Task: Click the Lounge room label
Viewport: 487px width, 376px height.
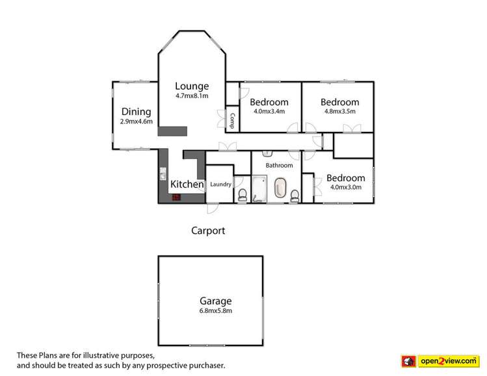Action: click(x=192, y=86)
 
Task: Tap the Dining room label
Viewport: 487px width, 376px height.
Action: click(x=136, y=112)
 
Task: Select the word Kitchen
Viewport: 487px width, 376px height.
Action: click(x=187, y=185)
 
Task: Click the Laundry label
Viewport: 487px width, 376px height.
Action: click(x=220, y=184)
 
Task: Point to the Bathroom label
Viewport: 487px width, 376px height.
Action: click(x=279, y=166)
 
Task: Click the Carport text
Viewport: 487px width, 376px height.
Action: click(x=208, y=230)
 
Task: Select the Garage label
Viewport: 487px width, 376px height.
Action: click(x=216, y=301)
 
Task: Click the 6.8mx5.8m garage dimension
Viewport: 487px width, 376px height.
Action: click(x=216, y=310)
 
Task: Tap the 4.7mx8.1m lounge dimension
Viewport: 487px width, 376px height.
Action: click(x=192, y=95)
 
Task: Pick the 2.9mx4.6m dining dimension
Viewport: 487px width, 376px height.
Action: click(x=136, y=121)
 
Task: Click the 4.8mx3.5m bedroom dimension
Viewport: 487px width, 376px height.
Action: click(x=340, y=111)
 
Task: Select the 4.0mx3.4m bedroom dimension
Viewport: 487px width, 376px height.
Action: click(x=269, y=111)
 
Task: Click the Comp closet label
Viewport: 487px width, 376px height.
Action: click(x=232, y=119)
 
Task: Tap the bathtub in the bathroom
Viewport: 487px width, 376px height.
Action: click(x=280, y=188)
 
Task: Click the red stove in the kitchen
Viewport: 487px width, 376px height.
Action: click(x=176, y=197)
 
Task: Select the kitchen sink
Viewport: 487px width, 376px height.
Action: click(x=162, y=173)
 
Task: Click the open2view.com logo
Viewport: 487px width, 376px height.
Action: click(x=440, y=359)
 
